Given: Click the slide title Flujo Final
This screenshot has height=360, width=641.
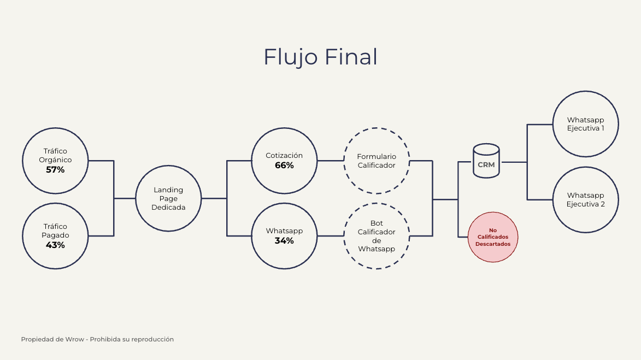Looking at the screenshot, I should pyautogui.click(x=320, y=57).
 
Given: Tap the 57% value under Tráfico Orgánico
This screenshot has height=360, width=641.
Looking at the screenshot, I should pyautogui.click(x=55, y=170).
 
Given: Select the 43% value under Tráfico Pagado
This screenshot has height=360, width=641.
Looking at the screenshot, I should pyautogui.click(x=55, y=245).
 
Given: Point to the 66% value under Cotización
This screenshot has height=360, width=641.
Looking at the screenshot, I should pyautogui.click(x=284, y=166).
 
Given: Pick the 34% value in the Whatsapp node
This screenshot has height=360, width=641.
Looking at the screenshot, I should pyautogui.click(x=284, y=241).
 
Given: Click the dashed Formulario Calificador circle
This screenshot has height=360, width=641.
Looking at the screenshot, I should pyautogui.click(x=377, y=161).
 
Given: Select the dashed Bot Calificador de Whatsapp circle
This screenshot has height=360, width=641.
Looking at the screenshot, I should pyautogui.click(x=377, y=236).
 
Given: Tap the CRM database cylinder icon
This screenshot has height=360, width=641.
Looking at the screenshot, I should pyautogui.click(x=486, y=161).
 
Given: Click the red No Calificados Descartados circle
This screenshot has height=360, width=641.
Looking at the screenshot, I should pyautogui.click(x=493, y=237).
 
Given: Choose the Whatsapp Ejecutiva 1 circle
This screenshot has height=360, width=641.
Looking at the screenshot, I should pyautogui.click(x=585, y=124).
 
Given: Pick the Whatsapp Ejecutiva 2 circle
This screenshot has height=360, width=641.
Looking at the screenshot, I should pyautogui.click(x=585, y=199).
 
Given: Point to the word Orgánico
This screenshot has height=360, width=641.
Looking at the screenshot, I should pyautogui.click(x=55, y=160).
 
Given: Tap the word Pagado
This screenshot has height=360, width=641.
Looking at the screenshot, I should pyautogui.click(x=55, y=235).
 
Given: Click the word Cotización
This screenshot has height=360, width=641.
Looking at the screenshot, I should pyautogui.click(x=284, y=156).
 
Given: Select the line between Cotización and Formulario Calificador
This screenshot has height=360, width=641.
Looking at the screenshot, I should pyautogui.click(x=330, y=161).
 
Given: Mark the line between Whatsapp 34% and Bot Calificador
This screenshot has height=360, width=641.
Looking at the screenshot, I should pyautogui.click(x=330, y=236).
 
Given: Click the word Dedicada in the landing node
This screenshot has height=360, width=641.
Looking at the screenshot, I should pyautogui.click(x=168, y=208).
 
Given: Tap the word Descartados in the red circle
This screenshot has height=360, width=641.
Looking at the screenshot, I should pyautogui.click(x=493, y=244).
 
